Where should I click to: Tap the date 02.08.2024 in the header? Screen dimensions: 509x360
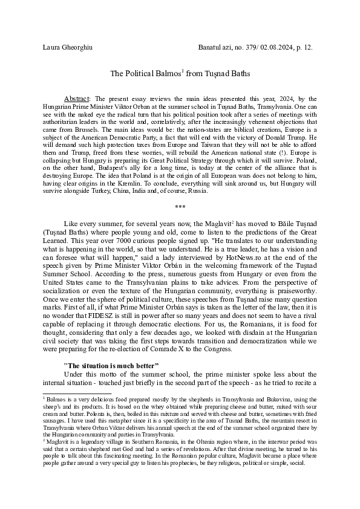(278, 47)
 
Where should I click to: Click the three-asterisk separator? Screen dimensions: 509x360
(180, 207)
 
